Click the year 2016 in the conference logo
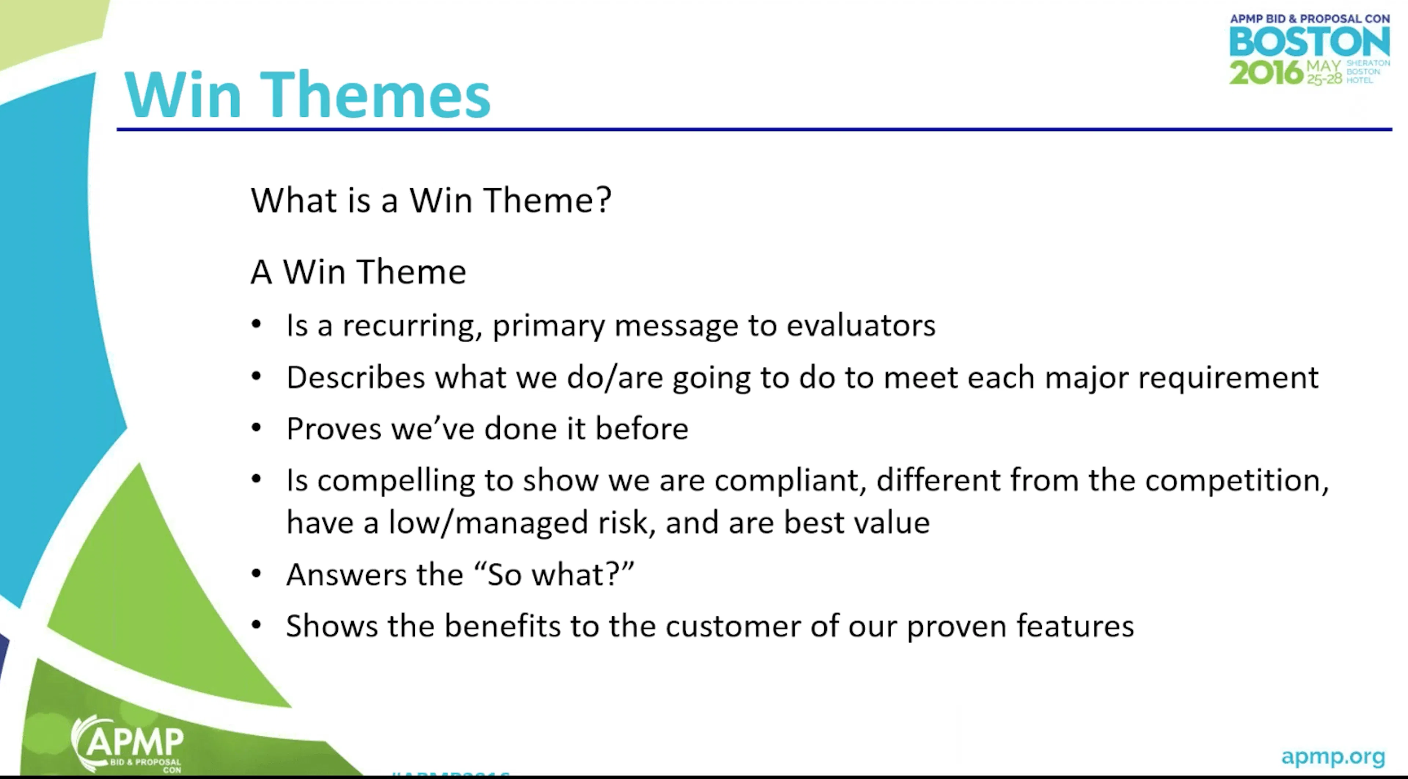[x=1266, y=73]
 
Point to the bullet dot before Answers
[x=256, y=575]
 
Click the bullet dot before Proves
[x=256, y=428]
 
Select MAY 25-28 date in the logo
[x=1323, y=73]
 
